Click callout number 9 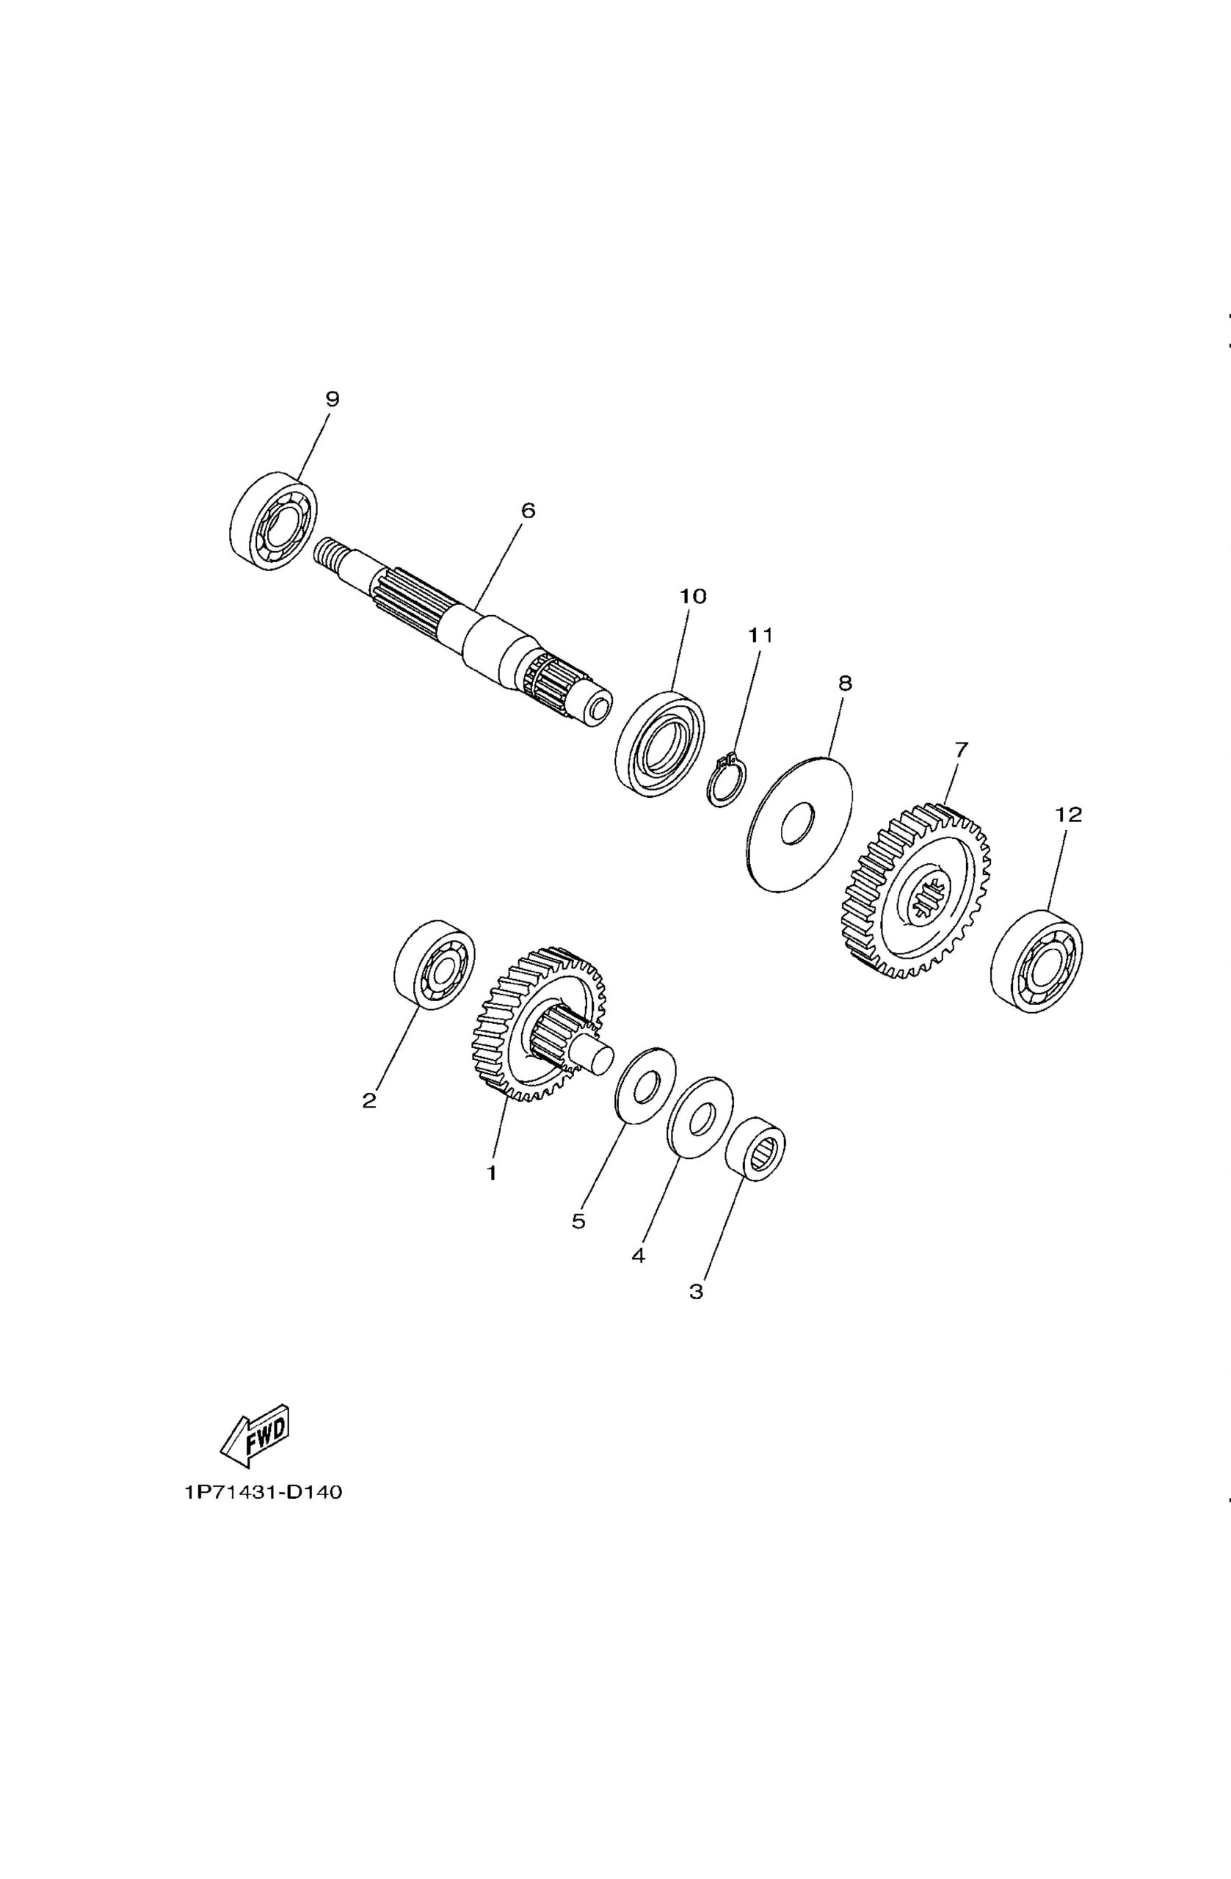(333, 399)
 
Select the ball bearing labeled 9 (273, 519)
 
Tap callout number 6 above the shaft (529, 511)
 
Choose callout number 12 (1068, 814)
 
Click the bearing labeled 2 (435, 964)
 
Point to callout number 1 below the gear (491, 1173)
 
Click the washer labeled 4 (700, 1117)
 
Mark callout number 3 (696, 1292)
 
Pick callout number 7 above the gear (961, 749)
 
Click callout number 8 (845, 683)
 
